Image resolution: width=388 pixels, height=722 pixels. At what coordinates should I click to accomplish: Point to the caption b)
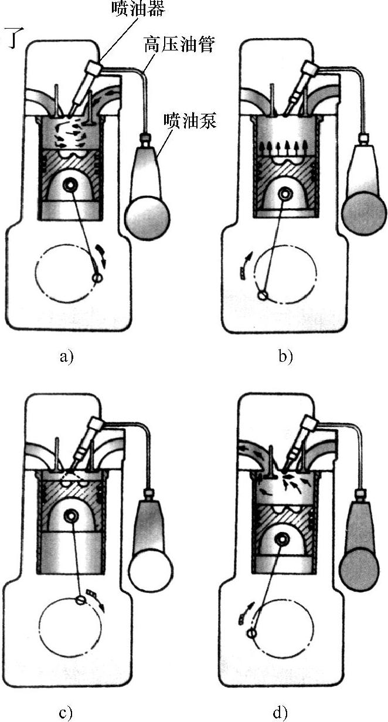[x=285, y=356]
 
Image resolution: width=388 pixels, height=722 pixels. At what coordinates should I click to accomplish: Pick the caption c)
[x=66, y=713]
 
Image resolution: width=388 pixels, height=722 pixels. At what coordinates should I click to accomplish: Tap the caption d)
[x=280, y=713]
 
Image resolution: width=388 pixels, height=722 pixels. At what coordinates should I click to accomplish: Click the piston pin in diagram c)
[x=73, y=517]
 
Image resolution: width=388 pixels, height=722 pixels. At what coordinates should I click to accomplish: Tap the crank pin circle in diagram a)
[x=97, y=277]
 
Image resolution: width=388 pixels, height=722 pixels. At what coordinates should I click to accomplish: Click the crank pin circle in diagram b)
[x=263, y=294]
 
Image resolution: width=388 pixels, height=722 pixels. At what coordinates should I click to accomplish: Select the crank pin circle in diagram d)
[x=252, y=633]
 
